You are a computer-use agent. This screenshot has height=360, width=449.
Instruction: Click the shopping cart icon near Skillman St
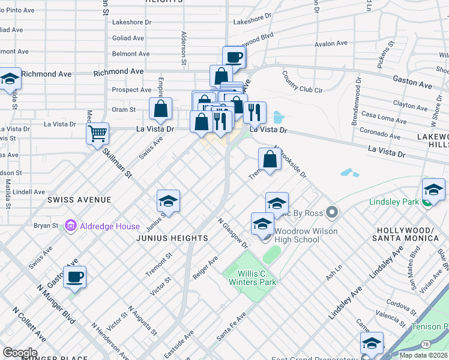(x=97, y=133)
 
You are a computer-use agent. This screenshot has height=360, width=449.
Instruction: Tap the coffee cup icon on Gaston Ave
(x=74, y=277)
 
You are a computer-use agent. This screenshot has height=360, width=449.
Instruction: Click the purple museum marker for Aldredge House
(x=71, y=226)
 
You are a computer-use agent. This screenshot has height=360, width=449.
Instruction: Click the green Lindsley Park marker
(x=427, y=202)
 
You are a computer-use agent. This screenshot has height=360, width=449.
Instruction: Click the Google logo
(x=20, y=352)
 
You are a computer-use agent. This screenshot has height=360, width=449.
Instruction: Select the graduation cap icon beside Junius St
(x=169, y=201)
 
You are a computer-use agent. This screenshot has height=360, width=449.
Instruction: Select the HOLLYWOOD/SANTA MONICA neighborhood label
(x=408, y=235)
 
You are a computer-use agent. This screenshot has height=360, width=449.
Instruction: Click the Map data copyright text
(x=423, y=355)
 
